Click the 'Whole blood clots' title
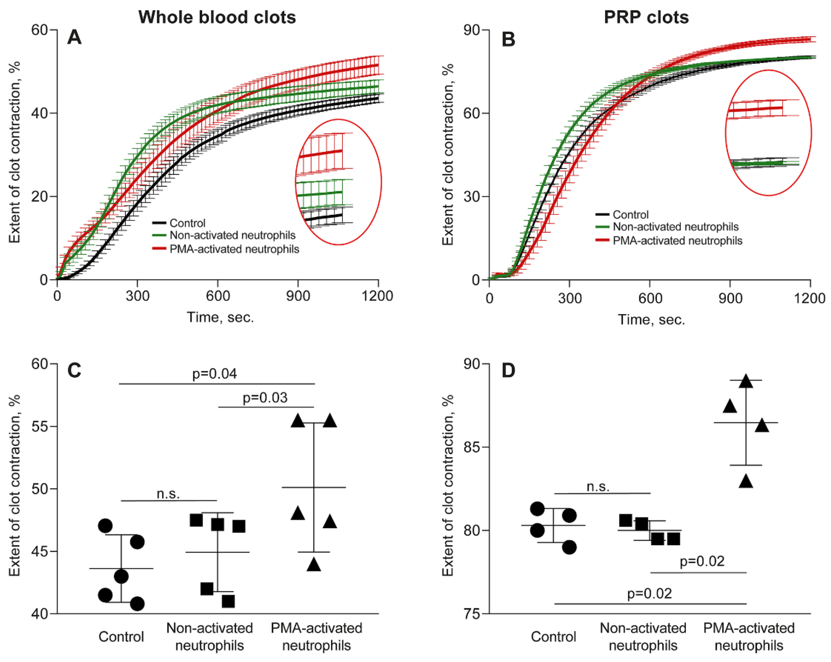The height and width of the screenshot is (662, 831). coord(217,17)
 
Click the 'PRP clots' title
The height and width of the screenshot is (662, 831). coord(646,17)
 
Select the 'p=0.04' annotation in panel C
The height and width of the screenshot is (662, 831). coord(214,373)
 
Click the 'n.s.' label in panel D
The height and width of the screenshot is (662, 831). coord(598,487)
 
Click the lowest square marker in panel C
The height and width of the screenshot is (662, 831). coord(228,601)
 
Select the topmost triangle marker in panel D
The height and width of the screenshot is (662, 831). coord(746,381)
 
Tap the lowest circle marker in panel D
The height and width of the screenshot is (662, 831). coord(569,547)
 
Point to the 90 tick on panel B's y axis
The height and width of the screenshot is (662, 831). coord(471,30)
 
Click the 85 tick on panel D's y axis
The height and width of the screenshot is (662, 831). coord(471,447)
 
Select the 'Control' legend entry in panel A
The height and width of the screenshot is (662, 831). coord(187,223)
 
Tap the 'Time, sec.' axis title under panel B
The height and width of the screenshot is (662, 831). coord(652,320)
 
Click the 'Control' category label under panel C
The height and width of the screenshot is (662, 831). coord(121,637)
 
